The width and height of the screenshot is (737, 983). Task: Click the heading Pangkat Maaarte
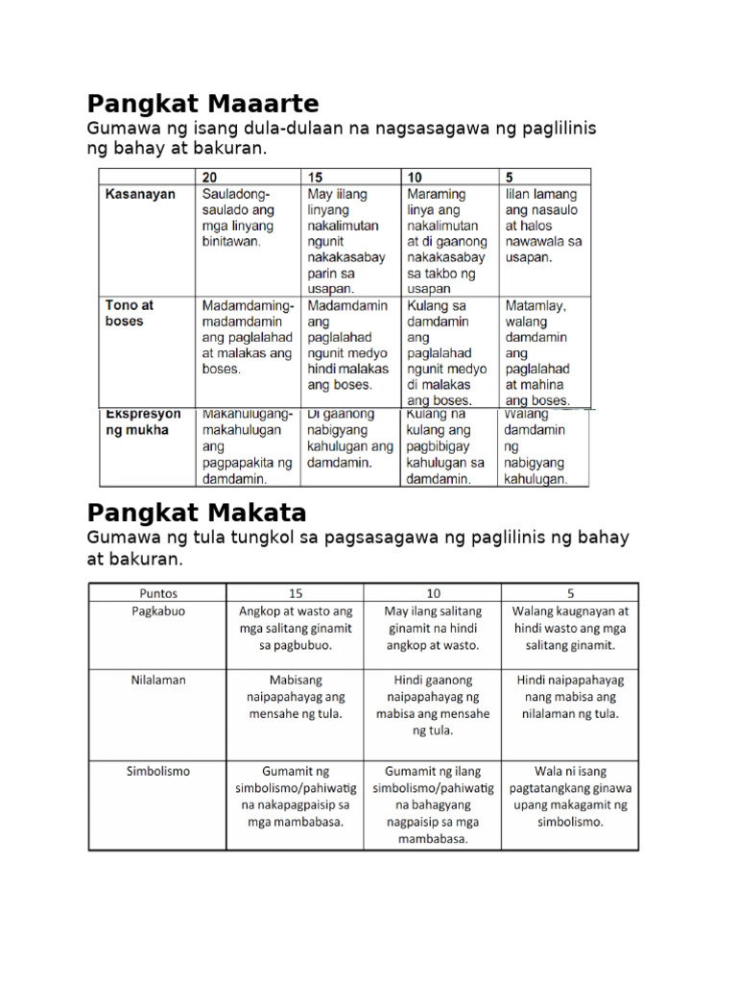[x=202, y=104]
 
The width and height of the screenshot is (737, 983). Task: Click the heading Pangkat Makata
[x=197, y=512]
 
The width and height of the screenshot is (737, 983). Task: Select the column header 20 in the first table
[x=210, y=178]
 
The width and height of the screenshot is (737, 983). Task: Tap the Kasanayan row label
[x=140, y=194]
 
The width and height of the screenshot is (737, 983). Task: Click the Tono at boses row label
[x=130, y=313]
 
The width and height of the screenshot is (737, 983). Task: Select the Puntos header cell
[x=157, y=592]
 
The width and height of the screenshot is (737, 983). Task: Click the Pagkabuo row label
[x=157, y=611]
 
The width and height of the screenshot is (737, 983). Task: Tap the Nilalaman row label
[x=157, y=680]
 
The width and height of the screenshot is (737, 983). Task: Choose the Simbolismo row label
[x=157, y=771]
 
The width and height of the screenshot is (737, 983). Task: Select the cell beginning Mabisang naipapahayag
[x=295, y=696]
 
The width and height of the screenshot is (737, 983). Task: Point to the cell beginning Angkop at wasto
[x=295, y=628]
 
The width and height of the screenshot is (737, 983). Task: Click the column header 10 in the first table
[x=416, y=178]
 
